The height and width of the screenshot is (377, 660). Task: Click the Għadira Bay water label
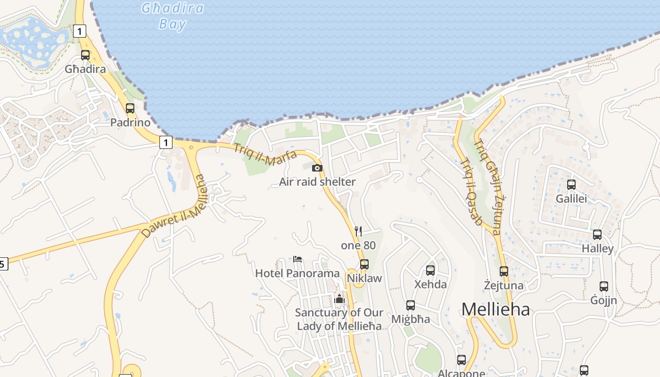[x=173, y=16]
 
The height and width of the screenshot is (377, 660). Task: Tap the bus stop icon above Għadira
[x=85, y=55]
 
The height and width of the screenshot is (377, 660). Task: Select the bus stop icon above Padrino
[x=130, y=108]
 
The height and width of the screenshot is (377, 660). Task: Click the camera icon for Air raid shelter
[x=317, y=168]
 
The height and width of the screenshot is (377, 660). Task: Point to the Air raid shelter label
[x=317, y=182]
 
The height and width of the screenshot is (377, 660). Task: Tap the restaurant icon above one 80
[x=358, y=231]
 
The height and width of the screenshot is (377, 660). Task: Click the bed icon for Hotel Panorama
[x=297, y=259]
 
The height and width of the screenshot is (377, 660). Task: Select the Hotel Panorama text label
[x=297, y=273]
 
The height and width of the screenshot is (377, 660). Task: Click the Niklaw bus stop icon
[x=364, y=264]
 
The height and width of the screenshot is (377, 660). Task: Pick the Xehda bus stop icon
[x=430, y=270]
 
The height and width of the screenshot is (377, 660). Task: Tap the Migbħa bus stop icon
[x=411, y=305]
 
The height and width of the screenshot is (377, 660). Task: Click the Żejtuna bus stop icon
[x=504, y=271]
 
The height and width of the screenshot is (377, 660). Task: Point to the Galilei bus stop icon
[x=571, y=184]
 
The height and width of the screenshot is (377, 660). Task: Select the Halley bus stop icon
[x=597, y=234]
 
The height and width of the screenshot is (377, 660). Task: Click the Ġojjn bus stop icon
[x=604, y=286]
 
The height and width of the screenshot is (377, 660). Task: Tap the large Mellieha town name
[x=495, y=310]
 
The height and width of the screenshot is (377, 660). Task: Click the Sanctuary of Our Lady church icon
[x=339, y=298]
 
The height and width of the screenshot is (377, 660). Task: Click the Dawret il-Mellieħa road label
[x=174, y=207]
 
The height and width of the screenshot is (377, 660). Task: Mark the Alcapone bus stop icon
[x=462, y=360]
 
